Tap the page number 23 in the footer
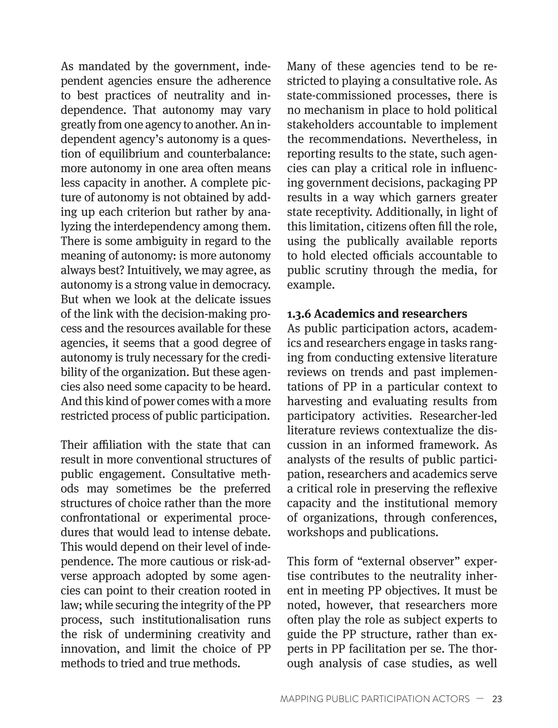pyautogui.click(x=497, y=699)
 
